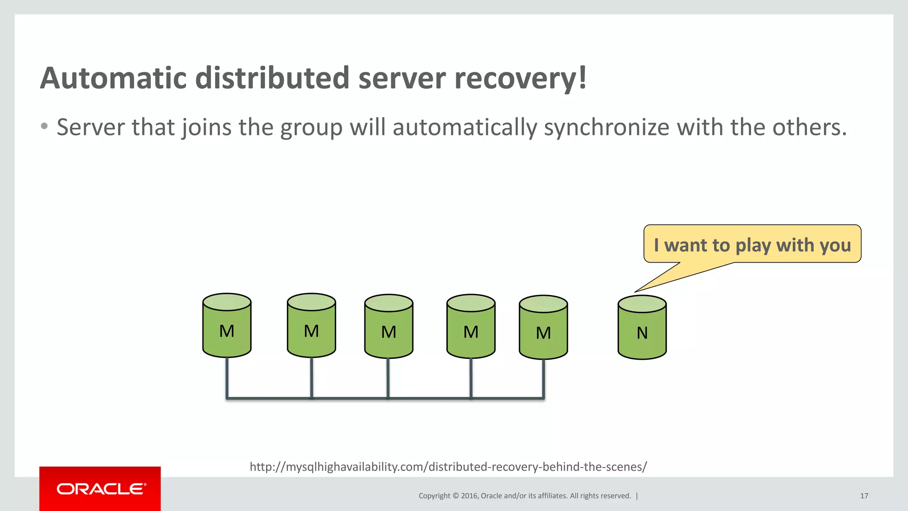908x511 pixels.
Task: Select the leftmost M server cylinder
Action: click(x=227, y=326)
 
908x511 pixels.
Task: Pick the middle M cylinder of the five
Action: click(x=389, y=326)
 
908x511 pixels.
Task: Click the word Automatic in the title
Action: click(x=113, y=78)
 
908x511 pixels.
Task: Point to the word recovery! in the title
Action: click(x=521, y=78)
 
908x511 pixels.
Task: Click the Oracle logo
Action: click(x=100, y=489)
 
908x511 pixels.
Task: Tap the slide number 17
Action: click(x=864, y=496)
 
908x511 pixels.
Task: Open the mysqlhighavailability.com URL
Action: click(x=448, y=467)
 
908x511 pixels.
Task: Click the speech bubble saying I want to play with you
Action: click(x=752, y=244)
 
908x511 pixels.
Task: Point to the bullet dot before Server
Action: click(x=44, y=127)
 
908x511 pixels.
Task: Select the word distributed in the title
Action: click(x=272, y=78)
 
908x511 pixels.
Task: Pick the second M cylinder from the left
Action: click(x=311, y=326)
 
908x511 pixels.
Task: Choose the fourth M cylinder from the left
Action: click(x=471, y=326)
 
